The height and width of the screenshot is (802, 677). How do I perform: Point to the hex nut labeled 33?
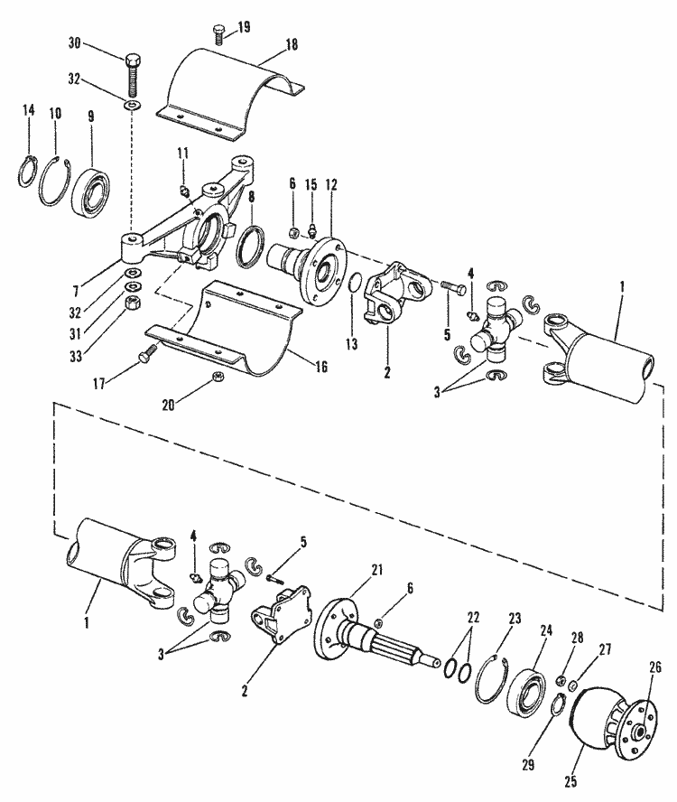tap(129, 301)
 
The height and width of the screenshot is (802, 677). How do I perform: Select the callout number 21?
tap(376, 569)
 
